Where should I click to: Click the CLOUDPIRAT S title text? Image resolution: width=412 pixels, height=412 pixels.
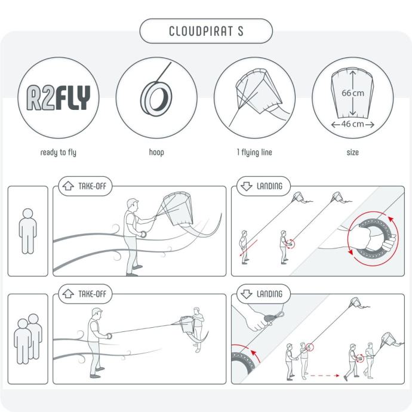(x=206, y=31)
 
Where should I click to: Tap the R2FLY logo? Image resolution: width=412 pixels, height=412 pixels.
(x=59, y=97)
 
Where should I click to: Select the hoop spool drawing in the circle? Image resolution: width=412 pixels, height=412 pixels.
(x=156, y=94)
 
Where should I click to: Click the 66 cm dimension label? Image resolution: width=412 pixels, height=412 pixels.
(x=353, y=93)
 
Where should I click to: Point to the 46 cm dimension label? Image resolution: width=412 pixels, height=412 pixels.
(x=353, y=124)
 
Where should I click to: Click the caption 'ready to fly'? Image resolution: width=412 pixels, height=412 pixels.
(x=59, y=152)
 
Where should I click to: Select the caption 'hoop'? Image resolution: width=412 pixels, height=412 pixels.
(x=156, y=152)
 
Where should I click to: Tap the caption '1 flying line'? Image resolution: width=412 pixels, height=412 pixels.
(x=254, y=152)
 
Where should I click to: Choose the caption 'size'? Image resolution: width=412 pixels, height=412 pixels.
(x=353, y=152)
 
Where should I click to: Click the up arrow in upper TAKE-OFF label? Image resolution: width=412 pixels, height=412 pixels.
(x=68, y=186)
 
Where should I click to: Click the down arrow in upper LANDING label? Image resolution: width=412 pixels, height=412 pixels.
(x=247, y=186)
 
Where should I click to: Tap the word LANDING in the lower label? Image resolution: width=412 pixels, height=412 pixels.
(x=269, y=294)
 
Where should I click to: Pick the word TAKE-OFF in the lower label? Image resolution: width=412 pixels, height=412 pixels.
(x=92, y=294)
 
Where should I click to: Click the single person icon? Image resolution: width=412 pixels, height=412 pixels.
(x=28, y=231)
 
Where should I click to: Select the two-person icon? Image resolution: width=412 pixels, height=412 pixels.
(x=28, y=339)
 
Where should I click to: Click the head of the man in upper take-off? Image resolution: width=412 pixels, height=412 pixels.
(x=132, y=205)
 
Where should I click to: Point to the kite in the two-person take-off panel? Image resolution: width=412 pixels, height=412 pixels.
(x=187, y=325)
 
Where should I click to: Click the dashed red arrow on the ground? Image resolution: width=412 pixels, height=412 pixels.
(x=325, y=376)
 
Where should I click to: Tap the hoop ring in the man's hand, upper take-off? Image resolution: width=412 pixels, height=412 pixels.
(x=143, y=234)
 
